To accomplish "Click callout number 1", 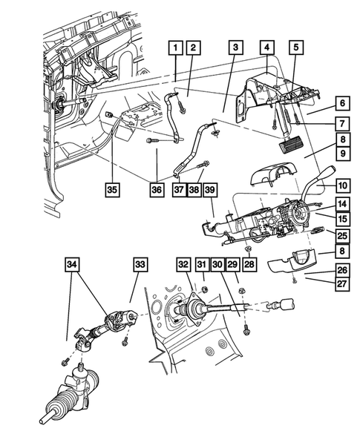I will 175,49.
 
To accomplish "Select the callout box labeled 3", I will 235,49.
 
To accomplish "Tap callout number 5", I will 296,49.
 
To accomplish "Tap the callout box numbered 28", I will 249,264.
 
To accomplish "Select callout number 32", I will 183,264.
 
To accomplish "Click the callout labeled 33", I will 140,264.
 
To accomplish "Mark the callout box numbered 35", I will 111,190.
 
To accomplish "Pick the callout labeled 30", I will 216,264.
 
